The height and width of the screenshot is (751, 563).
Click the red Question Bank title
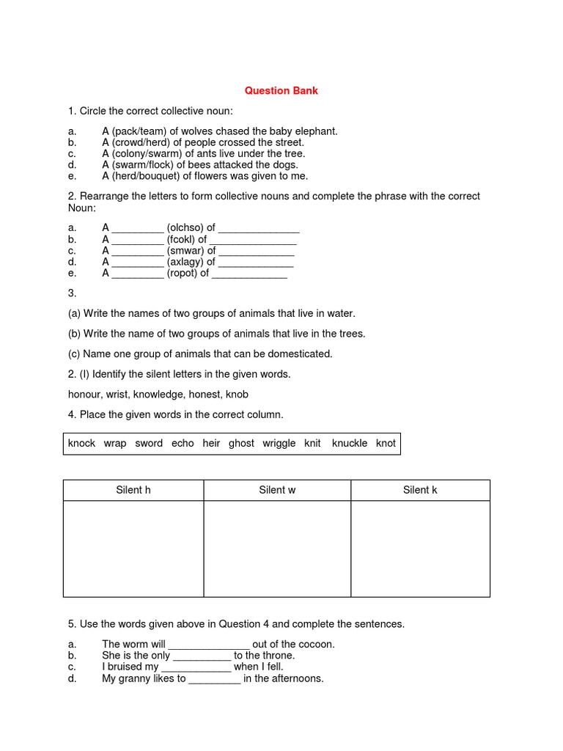(x=281, y=91)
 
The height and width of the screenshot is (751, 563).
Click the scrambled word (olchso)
(x=185, y=228)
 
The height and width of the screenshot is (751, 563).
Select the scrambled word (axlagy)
(x=185, y=262)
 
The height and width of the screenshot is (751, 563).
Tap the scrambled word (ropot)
(x=183, y=273)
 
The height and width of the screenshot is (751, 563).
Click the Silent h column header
(x=133, y=490)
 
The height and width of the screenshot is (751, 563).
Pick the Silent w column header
(x=277, y=490)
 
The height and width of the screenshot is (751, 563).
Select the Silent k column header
(x=420, y=490)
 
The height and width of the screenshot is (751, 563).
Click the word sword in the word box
(x=149, y=443)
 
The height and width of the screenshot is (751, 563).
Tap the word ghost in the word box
(x=241, y=443)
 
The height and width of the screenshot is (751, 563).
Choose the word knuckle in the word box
(x=350, y=443)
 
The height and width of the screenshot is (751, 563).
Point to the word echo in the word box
(x=183, y=443)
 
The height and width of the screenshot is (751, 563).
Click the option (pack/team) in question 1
(x=139, y=131)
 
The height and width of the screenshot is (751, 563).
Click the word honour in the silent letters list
(x=86, y=395)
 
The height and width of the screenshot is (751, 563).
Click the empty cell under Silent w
(x=277, y=549)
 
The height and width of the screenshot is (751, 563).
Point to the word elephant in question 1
(x=316, y=131)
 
